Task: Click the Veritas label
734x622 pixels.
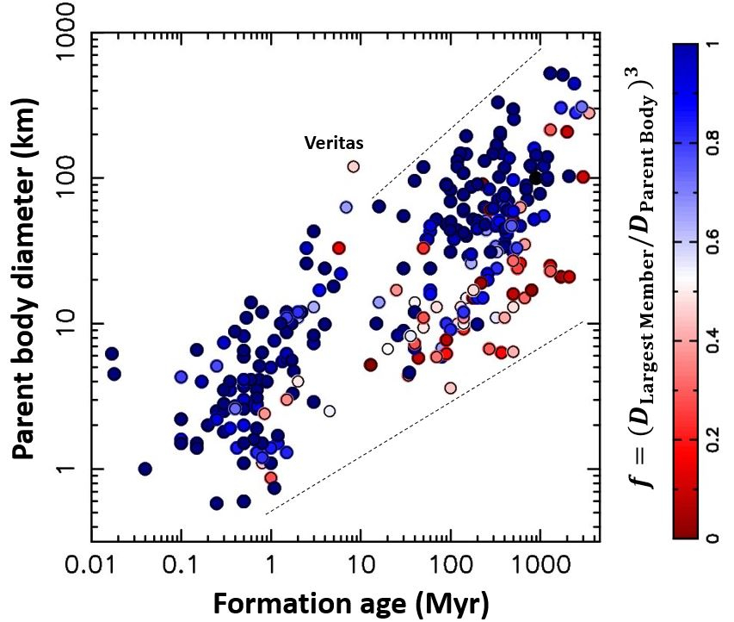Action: [331, 144]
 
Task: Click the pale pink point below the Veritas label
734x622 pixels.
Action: [353, 166]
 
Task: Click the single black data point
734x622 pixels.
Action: [535, 177]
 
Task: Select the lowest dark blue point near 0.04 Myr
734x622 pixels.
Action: [145, 469]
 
